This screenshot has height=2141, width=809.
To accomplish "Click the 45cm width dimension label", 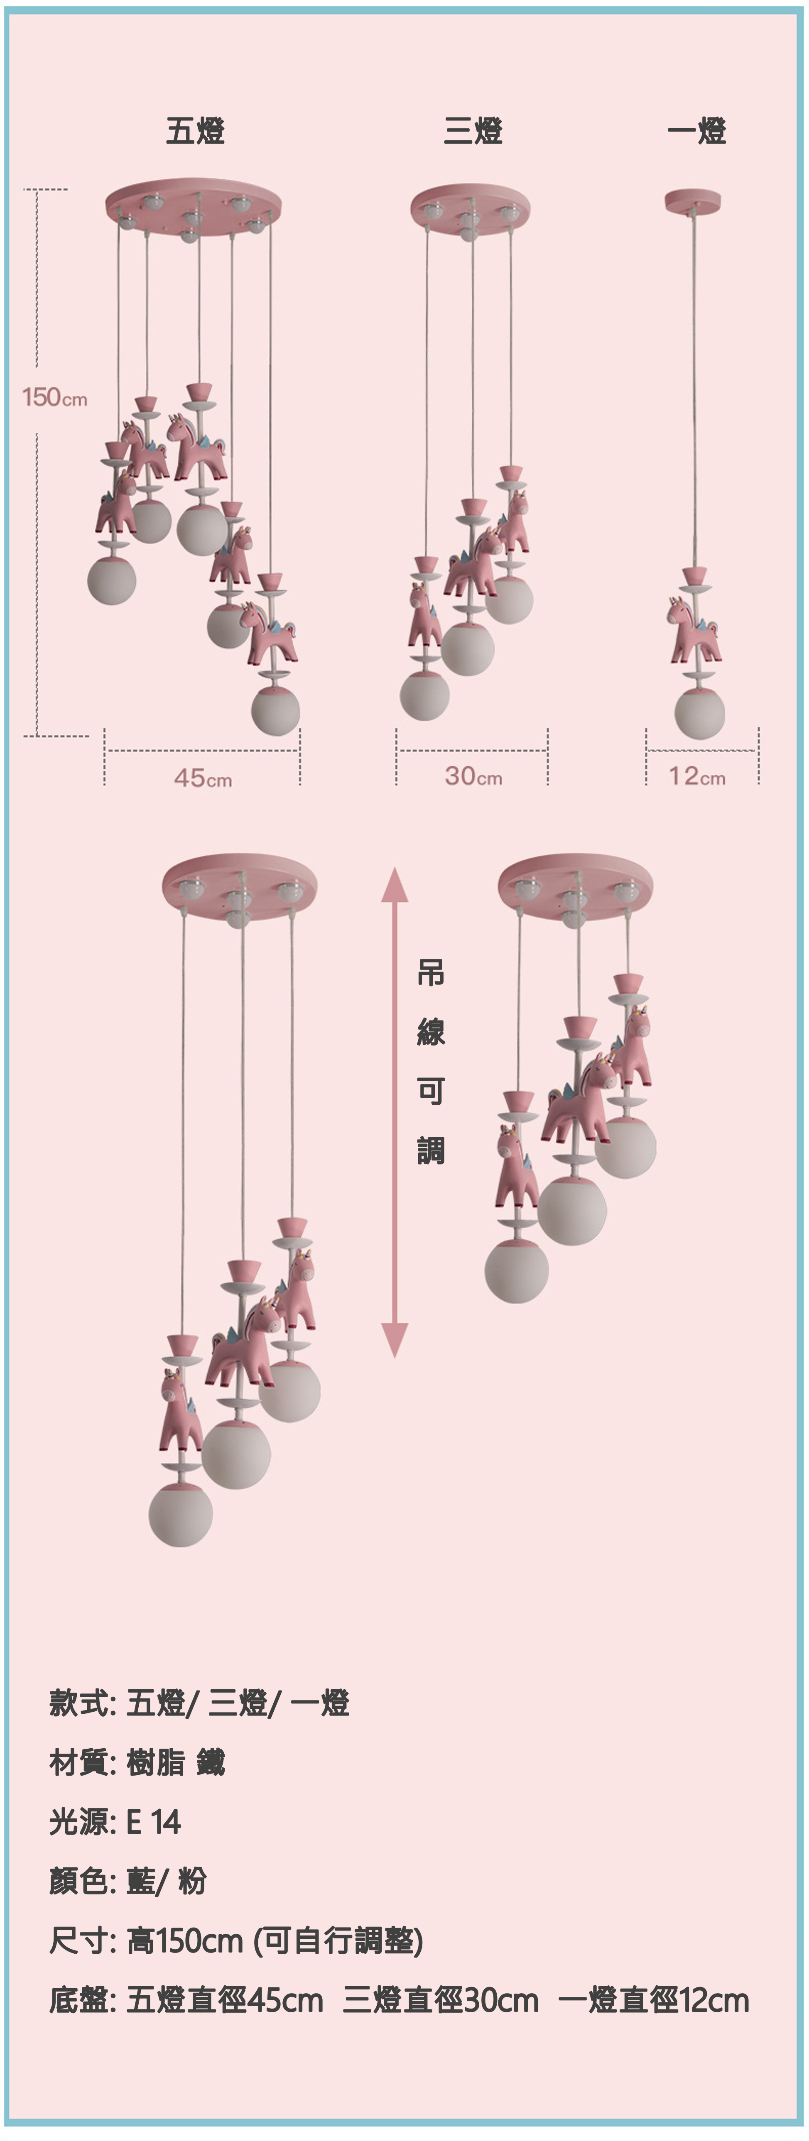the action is tap(203, 778).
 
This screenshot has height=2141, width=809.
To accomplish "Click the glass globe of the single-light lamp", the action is tap(699, 712).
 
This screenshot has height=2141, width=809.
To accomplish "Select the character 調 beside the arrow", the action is tap(431, 1150).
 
